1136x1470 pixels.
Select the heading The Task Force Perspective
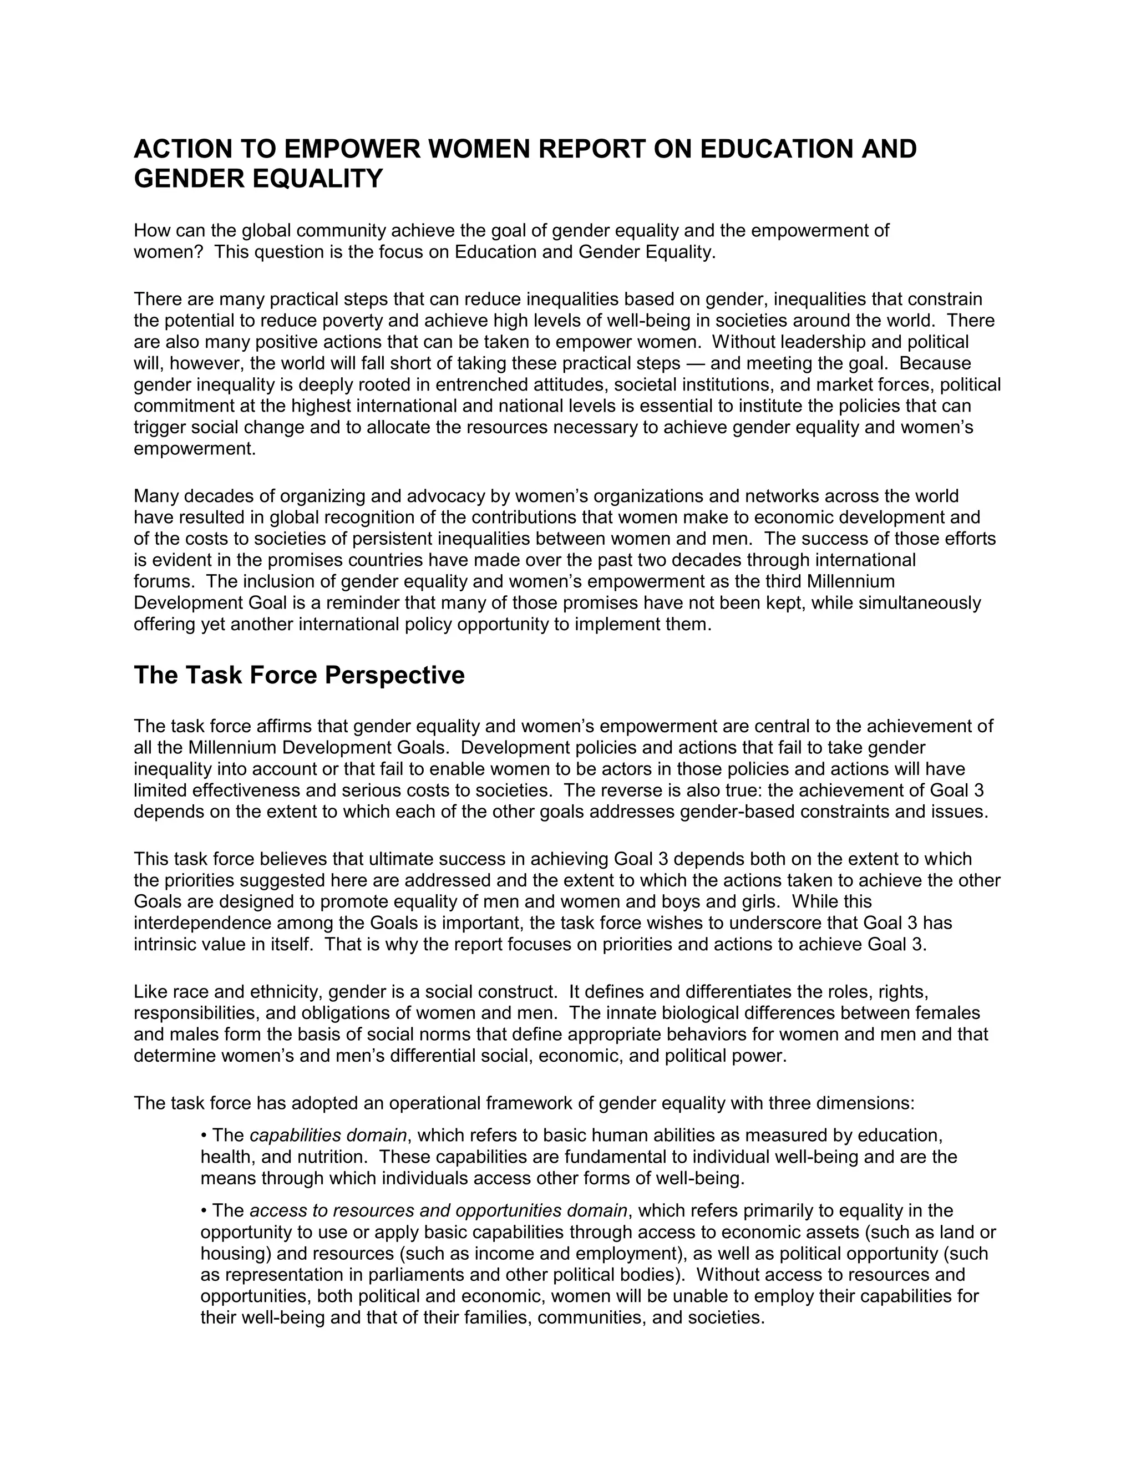click(x=299, y=675)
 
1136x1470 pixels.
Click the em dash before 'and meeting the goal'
click(x=694, y=363)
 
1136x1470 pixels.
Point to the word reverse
click(x=627, y=790)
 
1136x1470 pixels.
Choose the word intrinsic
click(x=165, y=944)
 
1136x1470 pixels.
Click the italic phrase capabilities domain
click(x=328, y=1136)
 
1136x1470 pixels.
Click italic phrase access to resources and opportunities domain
click(x=438, y=1211)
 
